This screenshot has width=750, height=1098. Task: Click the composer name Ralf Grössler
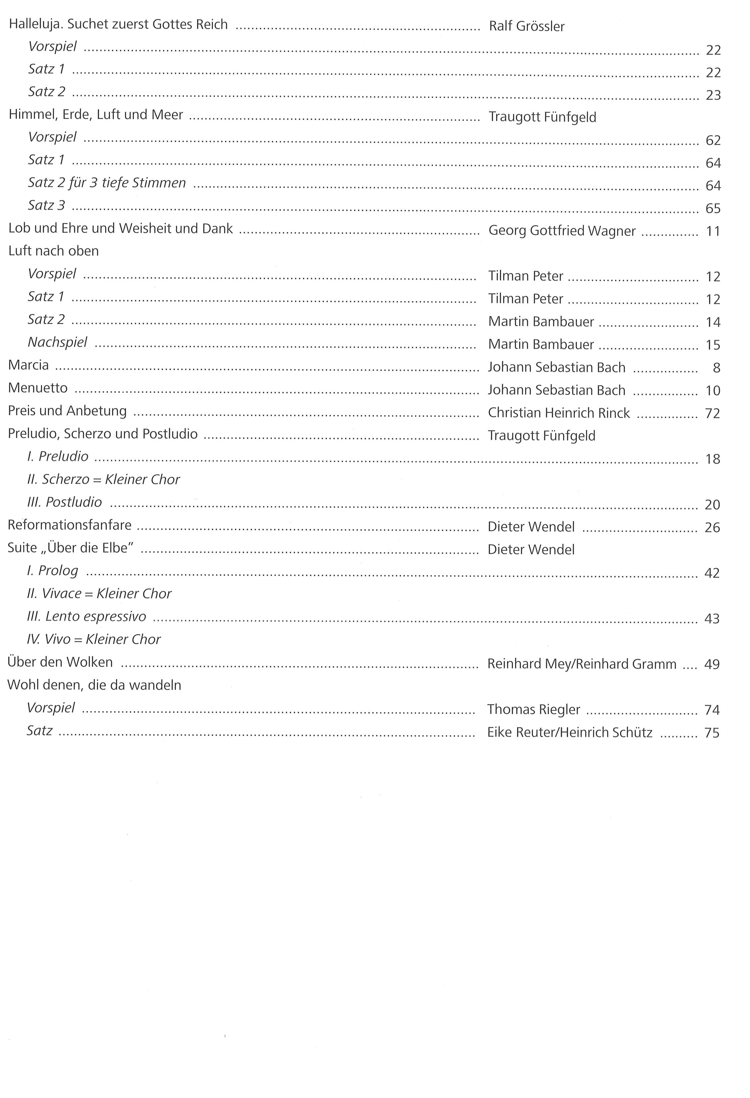pyautogui.click(x=527, y=26)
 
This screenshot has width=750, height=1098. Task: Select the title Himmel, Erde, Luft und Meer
pyautogui.click(x=96, y=115)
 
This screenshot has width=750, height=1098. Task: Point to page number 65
pyautogui.click(x=713, y=208)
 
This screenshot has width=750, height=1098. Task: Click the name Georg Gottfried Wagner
pyautogui.click(x=562, y=231)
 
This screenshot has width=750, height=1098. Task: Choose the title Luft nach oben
pyautogui.click(x=54, y=251)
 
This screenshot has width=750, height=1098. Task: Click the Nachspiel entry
pyautogui.click(x=57, y=342)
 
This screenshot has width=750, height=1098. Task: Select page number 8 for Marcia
pyautogui.click(x=716, y=368)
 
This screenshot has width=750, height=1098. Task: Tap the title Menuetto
pyautogui.click(x=38, y=388)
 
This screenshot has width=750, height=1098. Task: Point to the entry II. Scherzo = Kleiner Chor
pyautogui.click(x=103, y=480)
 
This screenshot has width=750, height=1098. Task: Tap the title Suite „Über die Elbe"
pyautogui.click(x=71, y=548)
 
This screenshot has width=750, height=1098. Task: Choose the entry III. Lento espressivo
pyautogui.click(x=86, y=617)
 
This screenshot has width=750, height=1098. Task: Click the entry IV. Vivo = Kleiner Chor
pyautogui.click(x=94, y=639)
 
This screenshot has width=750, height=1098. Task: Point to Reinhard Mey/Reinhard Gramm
pyautogui.click(x=581, y=664)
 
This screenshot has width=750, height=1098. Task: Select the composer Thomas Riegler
pyautogui.click(x=534, y=710)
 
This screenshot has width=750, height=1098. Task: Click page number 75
pyautogui.click(x=711, y=733)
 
